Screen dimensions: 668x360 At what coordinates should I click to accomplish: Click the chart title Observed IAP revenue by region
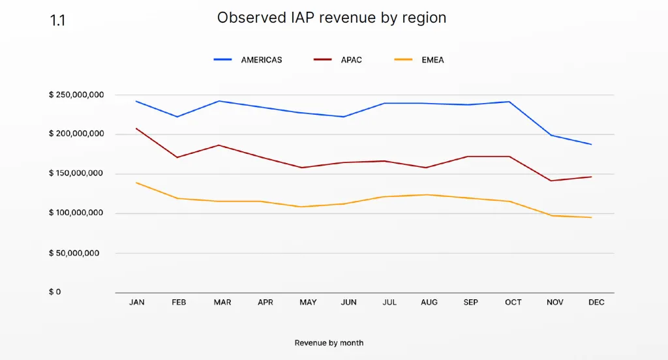331,18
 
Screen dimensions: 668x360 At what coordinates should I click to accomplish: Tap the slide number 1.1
57,20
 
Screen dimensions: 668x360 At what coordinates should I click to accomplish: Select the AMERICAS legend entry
248,60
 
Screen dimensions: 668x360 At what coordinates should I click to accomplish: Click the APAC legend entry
338,60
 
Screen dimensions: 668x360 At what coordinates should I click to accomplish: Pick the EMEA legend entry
419,60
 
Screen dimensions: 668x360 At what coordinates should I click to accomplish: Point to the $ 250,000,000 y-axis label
76,95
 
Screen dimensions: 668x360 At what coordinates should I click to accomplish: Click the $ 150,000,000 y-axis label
76,173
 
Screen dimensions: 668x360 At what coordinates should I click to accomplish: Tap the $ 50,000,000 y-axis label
74,253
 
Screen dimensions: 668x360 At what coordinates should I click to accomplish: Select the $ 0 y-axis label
55,292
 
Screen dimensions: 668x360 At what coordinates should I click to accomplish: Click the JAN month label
137,302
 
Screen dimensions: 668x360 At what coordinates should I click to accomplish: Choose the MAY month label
308,302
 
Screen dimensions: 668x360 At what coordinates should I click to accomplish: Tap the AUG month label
429,302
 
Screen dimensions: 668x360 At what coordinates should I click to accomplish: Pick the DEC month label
596,302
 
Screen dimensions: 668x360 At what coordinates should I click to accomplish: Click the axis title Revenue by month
329,343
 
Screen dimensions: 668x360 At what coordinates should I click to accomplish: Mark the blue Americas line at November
552,136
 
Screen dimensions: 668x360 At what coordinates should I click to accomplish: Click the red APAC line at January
136,128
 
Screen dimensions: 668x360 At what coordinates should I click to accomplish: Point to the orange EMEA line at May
301,207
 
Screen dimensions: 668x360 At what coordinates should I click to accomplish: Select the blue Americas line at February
177,117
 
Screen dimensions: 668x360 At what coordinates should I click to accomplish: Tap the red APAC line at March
219,145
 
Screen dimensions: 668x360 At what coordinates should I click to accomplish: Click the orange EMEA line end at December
591,218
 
